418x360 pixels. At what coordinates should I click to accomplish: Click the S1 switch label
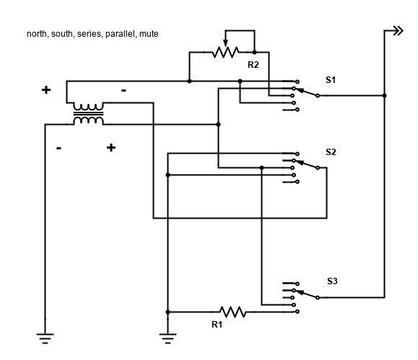(x=331, y=79)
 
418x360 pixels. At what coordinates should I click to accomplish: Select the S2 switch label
(x=331, y=152)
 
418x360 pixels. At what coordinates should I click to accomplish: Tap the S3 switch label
(x=332, y=281)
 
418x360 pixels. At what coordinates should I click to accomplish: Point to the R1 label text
(x=217, y=325)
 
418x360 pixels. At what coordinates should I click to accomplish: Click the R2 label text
(x=253, y=65)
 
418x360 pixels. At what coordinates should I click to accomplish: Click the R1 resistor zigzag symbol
(x=232, y=312)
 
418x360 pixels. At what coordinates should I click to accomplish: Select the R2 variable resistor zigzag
(x=225, y=52)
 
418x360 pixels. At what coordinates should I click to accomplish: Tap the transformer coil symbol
(x=88, y=114)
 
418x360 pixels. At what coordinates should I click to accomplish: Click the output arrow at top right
(x=399, y=31)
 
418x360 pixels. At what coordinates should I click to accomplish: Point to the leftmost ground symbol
(x=45, y=338)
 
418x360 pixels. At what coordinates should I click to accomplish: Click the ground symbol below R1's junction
(x=167, y=338)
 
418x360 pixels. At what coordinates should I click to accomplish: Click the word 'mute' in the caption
(x=149, y=34)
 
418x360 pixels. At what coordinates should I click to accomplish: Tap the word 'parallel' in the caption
(x=121, y=34)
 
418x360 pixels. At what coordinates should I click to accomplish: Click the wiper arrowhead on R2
(x=225, y=43)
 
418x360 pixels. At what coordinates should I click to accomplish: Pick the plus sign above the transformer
(x=46, y=89)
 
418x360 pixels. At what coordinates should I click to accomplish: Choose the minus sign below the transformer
(x=58, y=148)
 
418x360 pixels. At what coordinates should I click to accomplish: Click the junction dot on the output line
(x=384, y=95)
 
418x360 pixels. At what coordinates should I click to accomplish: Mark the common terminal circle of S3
(x=318, y=297)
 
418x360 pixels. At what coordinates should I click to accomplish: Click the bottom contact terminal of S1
(x=297, y=110)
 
